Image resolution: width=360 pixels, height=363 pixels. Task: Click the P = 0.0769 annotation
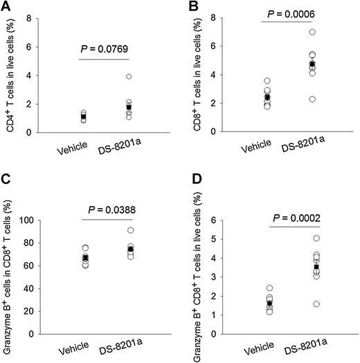(x=106, y=48)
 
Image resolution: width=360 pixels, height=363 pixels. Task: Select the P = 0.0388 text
(x=106, y=207)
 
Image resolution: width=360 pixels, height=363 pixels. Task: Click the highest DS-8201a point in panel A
(x=129, y=76)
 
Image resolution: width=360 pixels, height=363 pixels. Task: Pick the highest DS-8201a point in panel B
(x=312, y=32)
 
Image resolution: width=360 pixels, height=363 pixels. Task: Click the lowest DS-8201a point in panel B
(x=312, y=99)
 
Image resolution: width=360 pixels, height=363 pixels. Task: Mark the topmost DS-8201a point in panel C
(x=129, y=230)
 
